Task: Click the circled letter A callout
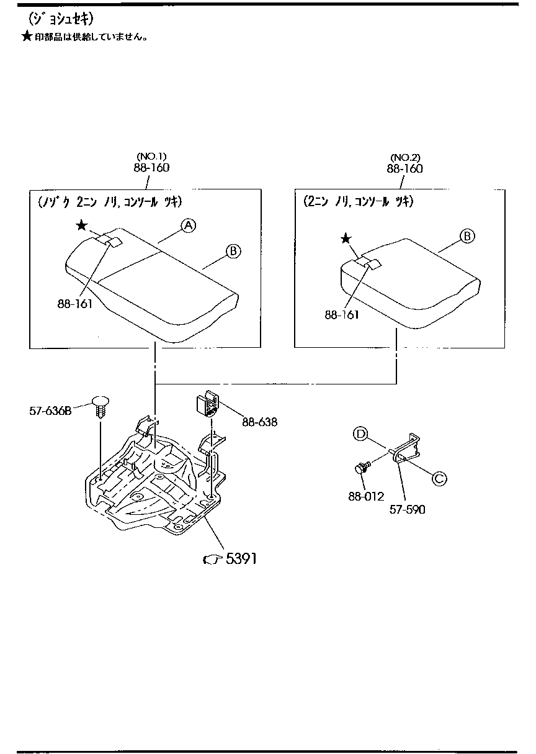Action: (189, 225)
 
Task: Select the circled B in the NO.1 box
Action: (233, 251)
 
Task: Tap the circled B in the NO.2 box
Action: (467, 236)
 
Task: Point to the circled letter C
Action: (439, 478)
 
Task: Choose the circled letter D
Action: (360, 434)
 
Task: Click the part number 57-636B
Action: (50, 411)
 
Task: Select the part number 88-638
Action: (259, 422)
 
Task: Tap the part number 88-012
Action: (366, 496)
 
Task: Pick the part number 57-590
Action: (407, 509)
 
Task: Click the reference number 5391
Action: (241, 559)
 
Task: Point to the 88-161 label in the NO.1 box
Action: (74, 304)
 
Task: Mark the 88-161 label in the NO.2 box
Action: (342, 315)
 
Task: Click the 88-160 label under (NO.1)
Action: (151, 168)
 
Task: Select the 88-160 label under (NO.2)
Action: (404, 169)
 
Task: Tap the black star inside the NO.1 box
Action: (82, 225)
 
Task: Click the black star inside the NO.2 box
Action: (346, 239)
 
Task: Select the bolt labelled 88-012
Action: (362, 467)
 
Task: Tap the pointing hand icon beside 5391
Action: (213, 560)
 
